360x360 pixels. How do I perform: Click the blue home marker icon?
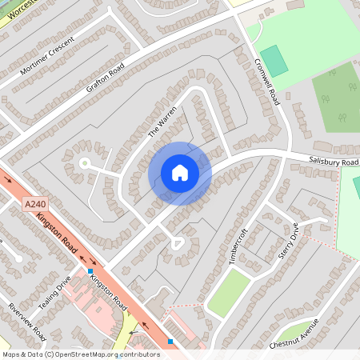(180, 173)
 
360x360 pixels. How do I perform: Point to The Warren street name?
(162, 122)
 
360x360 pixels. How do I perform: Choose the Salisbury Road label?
(334, 162)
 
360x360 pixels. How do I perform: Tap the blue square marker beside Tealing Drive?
(90, 270)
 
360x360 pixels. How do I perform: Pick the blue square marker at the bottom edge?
(170, 342)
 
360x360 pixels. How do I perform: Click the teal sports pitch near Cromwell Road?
(273, 61)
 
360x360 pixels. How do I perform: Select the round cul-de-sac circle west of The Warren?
(84, 162)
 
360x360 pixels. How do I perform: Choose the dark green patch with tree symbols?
(337, 97)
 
